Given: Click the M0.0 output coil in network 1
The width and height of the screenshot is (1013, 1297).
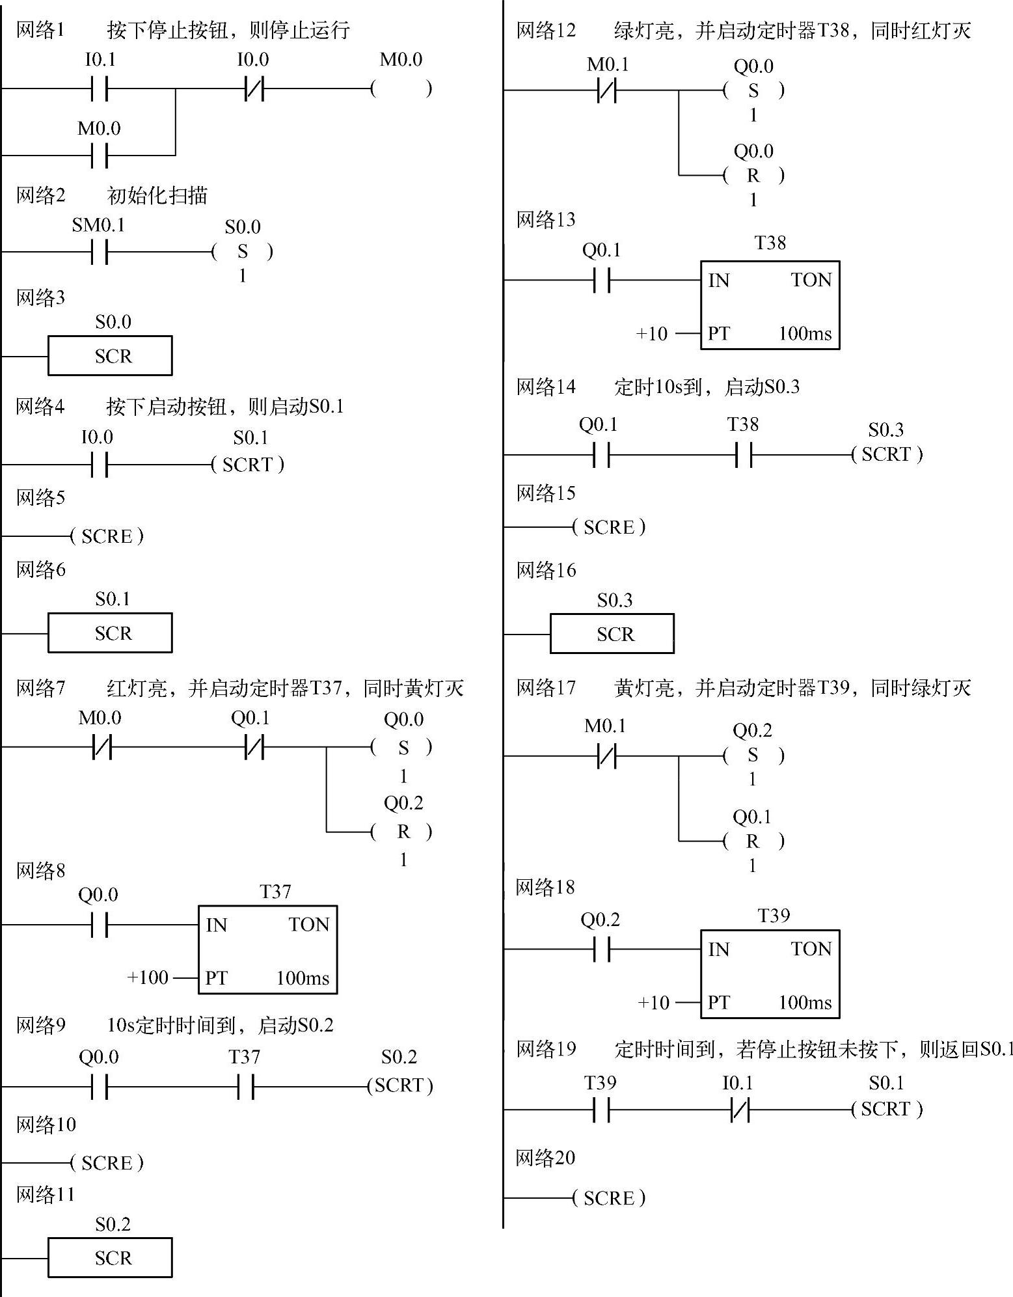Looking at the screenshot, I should click(x=401, y=89).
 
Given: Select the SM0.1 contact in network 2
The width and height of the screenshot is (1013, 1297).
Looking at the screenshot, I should click(x=100, y=251).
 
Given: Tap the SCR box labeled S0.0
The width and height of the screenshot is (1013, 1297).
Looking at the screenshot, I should click(x=110, y=355).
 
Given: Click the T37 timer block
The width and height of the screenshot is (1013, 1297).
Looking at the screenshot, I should click(x=267, y=949).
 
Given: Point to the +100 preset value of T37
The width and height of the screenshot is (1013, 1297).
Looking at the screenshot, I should click(x=148, y=977).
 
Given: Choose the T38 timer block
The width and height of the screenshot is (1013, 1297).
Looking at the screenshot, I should click(x=770, y=305).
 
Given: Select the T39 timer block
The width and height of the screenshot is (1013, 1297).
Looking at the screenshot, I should click(x=770, y=974).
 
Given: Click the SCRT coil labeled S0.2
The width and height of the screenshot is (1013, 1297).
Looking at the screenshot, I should click(x=400, y=1085).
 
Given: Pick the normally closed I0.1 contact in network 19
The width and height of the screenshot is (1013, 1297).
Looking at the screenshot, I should click(x=740, y=1110).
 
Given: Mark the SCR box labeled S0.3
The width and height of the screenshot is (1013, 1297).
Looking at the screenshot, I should click(x=612, y=634).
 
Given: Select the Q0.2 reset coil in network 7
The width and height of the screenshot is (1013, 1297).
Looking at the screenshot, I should click(x=403, y=831).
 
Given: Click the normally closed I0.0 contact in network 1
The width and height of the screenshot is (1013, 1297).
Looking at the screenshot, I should click(x=254, y=89).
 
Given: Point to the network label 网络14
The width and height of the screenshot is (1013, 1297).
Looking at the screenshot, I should click(x=546, y=387).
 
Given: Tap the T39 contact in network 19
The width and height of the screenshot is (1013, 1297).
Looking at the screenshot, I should click(x=602, y=1110).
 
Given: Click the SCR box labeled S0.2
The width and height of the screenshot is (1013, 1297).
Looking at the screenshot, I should click(x=110, y=1257).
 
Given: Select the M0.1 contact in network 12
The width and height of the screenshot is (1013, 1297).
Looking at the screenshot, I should click(x=606, y=90).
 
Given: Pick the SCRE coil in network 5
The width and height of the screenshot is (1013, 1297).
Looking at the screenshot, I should click(x=107, y=536).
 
